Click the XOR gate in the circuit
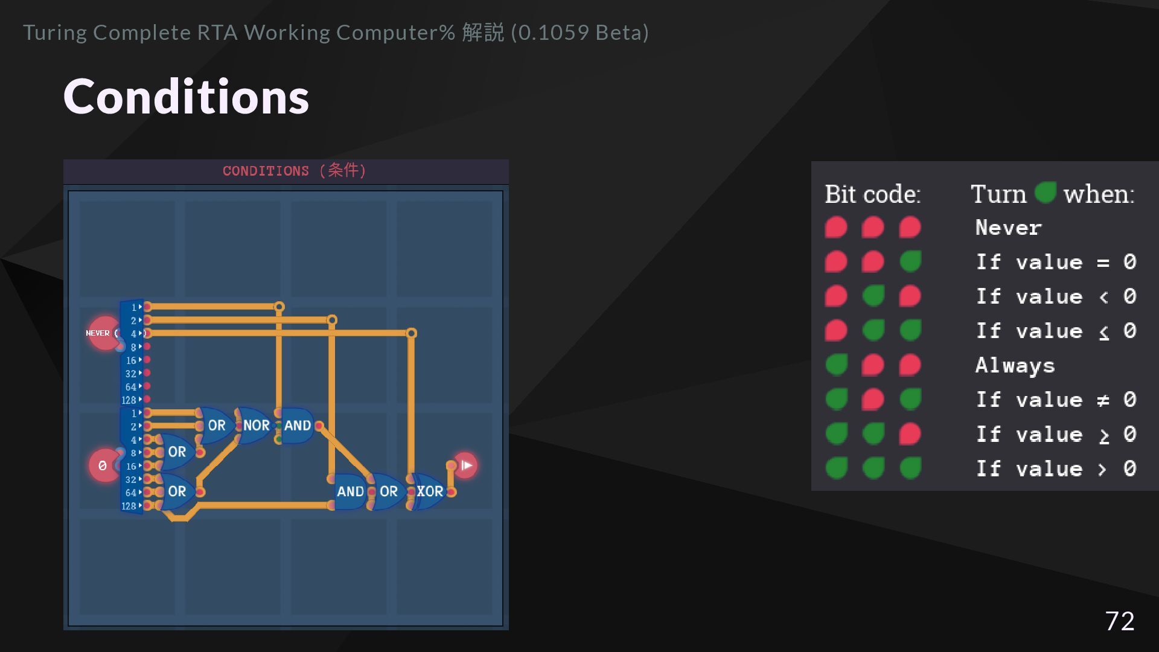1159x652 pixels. [429, 491]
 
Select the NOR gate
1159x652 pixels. [255, 426]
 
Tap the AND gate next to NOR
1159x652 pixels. [297, 426]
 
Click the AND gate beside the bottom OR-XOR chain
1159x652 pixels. [350, 491]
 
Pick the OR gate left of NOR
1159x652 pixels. [216, 426]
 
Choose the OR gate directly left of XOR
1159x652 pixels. [388, 491]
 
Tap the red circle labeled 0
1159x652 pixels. [103, 465]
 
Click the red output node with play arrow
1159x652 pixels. [465, 465]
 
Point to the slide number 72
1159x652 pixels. [1119, 621]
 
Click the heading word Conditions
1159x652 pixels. [186, 97]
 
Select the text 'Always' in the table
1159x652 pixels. [1015, 365]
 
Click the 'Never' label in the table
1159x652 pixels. [1008, 228]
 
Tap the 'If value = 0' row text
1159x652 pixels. [1056, 262]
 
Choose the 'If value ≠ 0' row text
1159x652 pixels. [1056, 400]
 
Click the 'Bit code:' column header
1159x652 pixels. [872, 194]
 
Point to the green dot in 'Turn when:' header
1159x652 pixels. [1045, 193]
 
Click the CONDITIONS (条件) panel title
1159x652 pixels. [294, 171]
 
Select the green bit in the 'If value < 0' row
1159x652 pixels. [873, 296]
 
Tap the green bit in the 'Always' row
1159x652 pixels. [836, 365]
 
